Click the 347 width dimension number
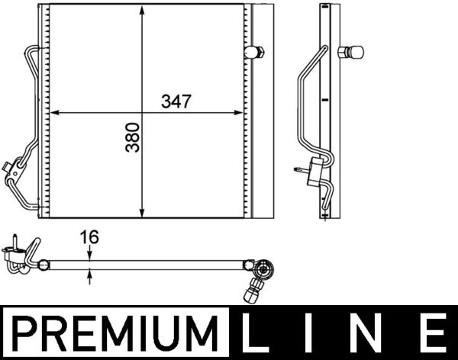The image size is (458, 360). (x=176, y=101)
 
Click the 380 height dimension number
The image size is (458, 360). (x=132, y=137)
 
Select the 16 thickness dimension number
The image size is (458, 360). (x=89, y=236)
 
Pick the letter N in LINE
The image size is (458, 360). (x=369, y=333)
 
